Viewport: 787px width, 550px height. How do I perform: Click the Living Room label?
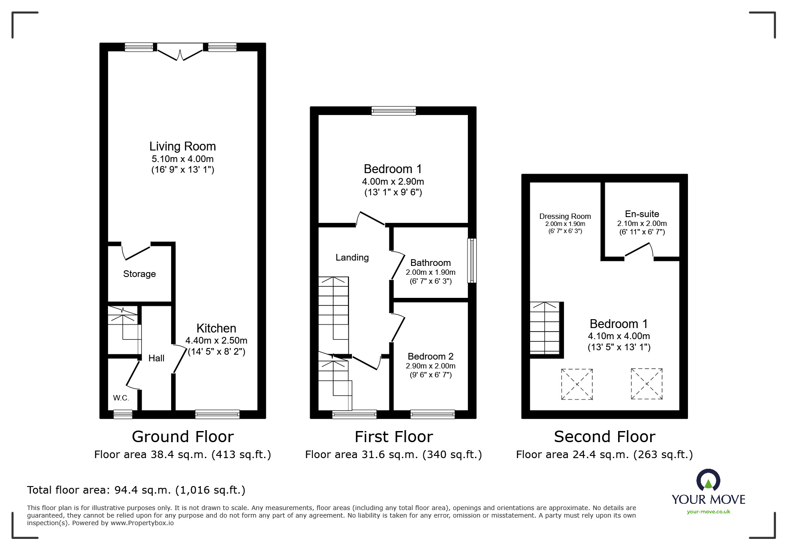(x=182, y=146)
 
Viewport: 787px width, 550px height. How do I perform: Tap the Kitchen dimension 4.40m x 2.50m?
(x=216, y=341)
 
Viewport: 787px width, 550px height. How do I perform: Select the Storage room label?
(x=139, y=274)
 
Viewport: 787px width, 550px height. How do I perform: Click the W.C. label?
(x=121, y=398)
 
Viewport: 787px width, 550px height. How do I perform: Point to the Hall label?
(x=156, y=358)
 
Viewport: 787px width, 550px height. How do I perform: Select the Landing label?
(x=352, y=257)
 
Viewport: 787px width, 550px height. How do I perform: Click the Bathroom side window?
(x=471, y=261)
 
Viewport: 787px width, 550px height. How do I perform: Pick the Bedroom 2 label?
(x=430, y=356)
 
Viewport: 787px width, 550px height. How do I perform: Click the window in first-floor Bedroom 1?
(x=394, y=111)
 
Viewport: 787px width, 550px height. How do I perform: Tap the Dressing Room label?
(x=565, y=216)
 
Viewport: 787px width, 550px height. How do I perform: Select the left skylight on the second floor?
(x=577, y=384)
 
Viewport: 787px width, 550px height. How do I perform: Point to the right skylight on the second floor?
(x=647, y=384)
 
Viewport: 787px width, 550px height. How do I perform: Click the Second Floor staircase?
(x=545, y=328)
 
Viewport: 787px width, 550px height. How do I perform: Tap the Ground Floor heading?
(x=183, y=437)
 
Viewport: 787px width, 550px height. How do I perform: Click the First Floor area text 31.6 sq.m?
(x=393, y=455)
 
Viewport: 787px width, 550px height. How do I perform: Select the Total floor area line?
(x=136, y=490)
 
